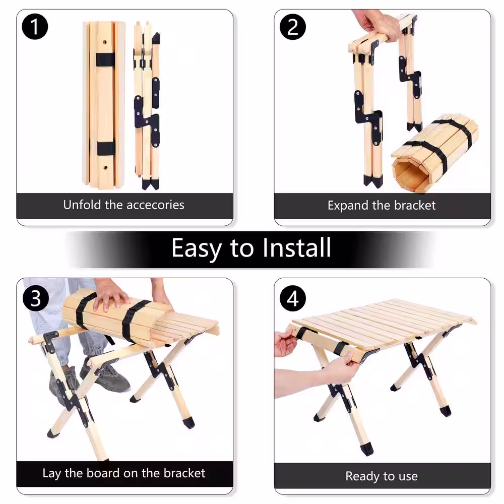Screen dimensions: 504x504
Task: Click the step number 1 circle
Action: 35,27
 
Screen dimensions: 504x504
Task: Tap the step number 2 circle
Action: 292,27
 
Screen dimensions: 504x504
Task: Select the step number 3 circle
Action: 36,298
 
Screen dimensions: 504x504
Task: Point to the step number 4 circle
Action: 292,298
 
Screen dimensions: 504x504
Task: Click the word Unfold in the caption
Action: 82,205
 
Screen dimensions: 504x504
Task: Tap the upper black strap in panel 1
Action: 105,59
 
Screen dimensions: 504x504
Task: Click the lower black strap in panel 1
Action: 106,148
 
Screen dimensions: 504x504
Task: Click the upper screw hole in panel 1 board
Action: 105,42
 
